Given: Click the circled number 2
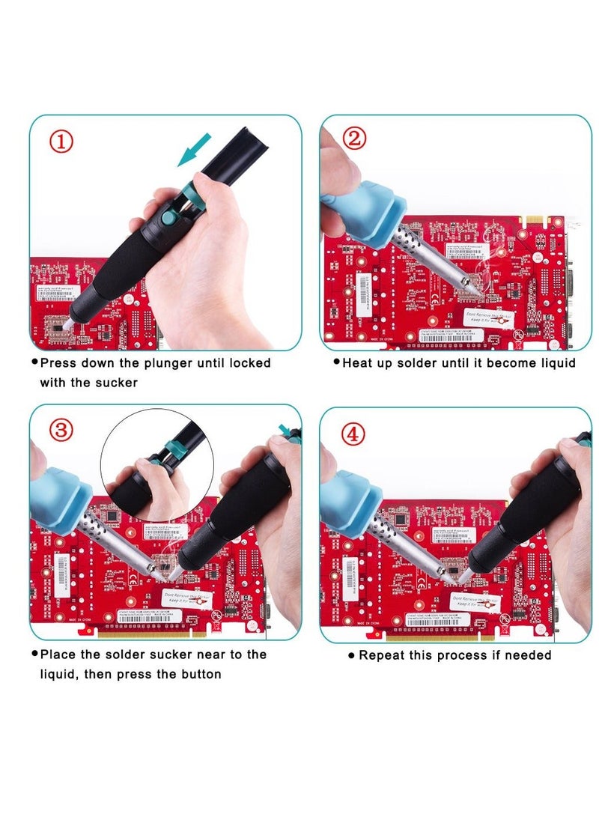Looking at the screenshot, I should click(x=354, y=139).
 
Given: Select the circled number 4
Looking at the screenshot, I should click(x=353, y=434).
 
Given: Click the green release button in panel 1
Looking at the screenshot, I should click(x=169, y=218).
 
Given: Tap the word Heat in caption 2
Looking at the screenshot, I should click(x=357, y=363).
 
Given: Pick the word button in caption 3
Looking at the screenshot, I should click(x=201, y=674).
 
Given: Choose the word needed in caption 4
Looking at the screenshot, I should click(x=528, y=655).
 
